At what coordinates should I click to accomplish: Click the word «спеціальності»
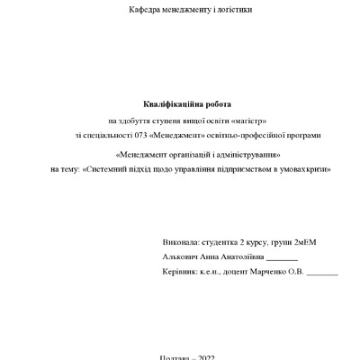tap(117, 135)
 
